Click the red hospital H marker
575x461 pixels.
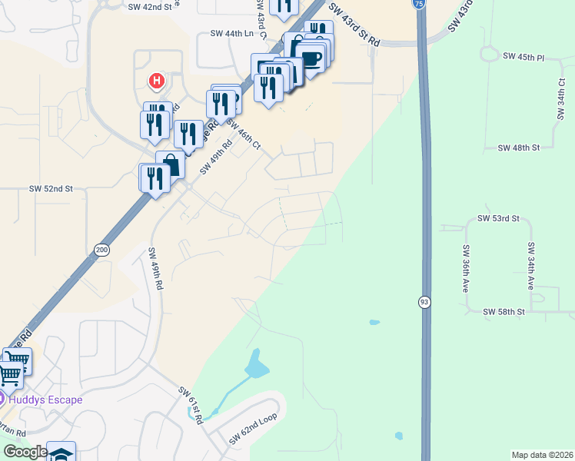coord(157,80)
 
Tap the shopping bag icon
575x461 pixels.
coord(170,164)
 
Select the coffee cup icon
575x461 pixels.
coord(311,58)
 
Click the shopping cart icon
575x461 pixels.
coord(10,375)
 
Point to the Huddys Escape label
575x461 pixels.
coord(47,400)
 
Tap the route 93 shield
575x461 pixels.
coord(424,302)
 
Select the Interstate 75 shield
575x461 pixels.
coord(417,4)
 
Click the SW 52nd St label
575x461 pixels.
coord(51,188)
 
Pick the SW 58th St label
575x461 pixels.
coord(504,311)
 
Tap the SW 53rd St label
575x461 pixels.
coord(499,218)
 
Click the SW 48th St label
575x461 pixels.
coord(519,147)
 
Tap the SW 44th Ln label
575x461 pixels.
coord(231,34)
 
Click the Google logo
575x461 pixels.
coord(25,452)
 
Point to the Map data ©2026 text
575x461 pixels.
coord(541,455)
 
